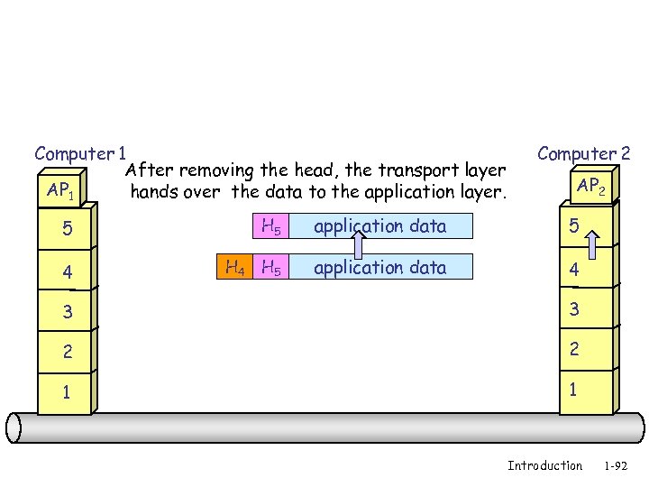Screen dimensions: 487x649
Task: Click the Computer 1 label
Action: tap(79, 154)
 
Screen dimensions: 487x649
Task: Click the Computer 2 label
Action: tap(583, 154)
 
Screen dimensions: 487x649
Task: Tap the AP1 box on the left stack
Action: tap(62, 191)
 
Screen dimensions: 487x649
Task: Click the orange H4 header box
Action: tap(233, 267)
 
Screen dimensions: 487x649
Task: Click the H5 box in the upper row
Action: tap(270, 226)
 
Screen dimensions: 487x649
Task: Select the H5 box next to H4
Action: tap(270, 267)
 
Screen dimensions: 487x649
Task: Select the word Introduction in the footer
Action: tap(544, 465)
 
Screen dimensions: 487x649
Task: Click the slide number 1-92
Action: tap(616, 465)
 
